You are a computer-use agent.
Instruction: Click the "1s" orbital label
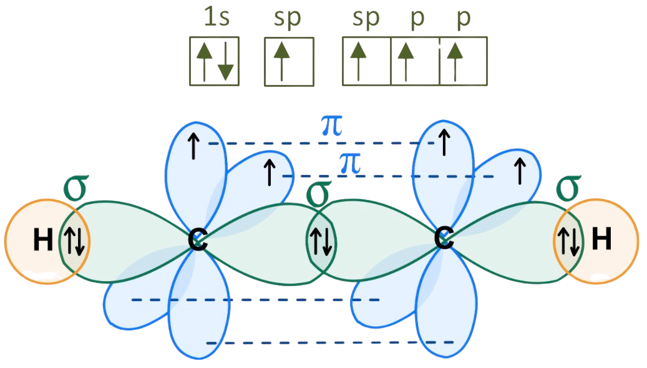pos(216,19)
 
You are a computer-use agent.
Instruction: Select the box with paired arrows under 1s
pos(215,61)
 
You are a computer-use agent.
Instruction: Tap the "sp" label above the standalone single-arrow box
pos(287,19)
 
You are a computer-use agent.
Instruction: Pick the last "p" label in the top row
pos(462,19)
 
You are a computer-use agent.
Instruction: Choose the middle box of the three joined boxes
pos(415,61)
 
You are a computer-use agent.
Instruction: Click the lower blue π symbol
pos(349,164)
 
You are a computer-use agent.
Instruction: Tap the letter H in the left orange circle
pos(42,241)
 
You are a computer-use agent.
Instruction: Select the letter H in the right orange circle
pos(601,240)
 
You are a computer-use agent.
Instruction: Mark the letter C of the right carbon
pos(444,239)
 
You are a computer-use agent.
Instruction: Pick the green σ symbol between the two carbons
pos(318,194)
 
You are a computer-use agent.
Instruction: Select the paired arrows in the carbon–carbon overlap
pos(321,242)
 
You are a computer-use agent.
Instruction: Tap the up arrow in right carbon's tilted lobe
pos(518,170)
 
